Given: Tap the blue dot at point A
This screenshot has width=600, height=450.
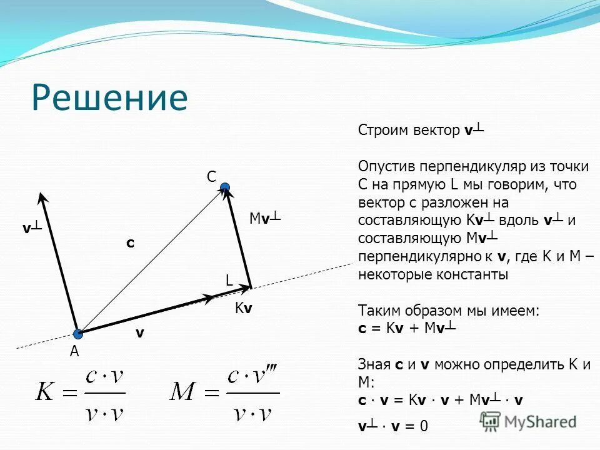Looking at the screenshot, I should click(x=77, y=334).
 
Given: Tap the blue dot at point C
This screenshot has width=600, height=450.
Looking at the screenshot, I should click(x=225, y=187).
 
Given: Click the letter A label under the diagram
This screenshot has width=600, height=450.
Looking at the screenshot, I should click(x=74, y=352).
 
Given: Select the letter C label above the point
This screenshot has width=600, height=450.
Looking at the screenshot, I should click(x=211, y=177).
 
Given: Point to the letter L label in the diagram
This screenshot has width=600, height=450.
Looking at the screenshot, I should click(x=229, y=281).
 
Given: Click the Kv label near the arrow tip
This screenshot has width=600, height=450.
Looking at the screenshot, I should click(x=244, y=308).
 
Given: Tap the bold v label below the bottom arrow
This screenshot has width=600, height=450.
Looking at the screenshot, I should click(x=140, y=334).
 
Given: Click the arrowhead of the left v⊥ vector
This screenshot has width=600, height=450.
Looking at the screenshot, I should click(x=42, y=197).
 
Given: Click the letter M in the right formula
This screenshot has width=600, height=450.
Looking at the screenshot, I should click(x=186, y=393).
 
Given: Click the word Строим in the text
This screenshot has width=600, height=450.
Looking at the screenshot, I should click(x=383, y=131).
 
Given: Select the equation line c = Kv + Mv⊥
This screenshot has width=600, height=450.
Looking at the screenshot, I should click(x=406, y=328).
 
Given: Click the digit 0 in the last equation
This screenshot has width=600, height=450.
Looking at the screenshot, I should click(x=424, y=427).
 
